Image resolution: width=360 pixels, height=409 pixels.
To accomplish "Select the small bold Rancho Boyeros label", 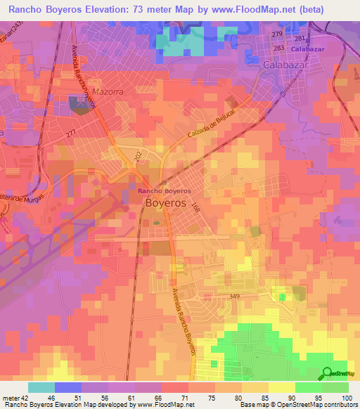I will point(163,190).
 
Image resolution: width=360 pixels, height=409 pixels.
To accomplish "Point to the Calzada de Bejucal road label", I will point(210,125).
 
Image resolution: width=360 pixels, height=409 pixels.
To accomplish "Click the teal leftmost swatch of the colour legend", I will point(41,387).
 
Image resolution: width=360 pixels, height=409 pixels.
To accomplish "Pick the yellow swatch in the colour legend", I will point(282,387).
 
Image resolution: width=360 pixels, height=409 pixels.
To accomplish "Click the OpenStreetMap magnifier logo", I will point(326,373).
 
